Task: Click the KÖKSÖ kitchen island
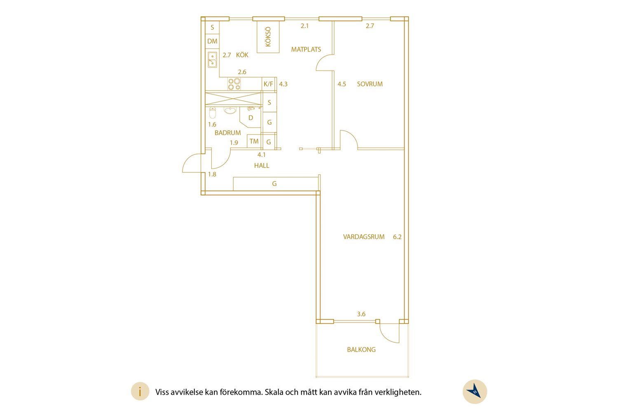point(268,37)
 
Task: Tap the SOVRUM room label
point(370,84)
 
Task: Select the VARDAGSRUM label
point(364,237)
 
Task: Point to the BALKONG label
point(361,350)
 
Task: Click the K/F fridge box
point(269,84)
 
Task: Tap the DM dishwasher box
point(212,41)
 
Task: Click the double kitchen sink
point(212,60)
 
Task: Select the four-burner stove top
point(234,84)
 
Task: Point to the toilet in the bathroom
point(213,112)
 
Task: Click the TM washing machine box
point(254,141)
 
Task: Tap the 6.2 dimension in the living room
point(397,237)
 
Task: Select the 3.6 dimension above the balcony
point(361,314)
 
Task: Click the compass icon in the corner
point(475,391)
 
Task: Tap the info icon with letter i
point(140,391)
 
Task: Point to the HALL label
point(262,166)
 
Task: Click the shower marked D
point(250,118)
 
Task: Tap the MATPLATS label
point(306,49)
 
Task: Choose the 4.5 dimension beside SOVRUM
point(342,84)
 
